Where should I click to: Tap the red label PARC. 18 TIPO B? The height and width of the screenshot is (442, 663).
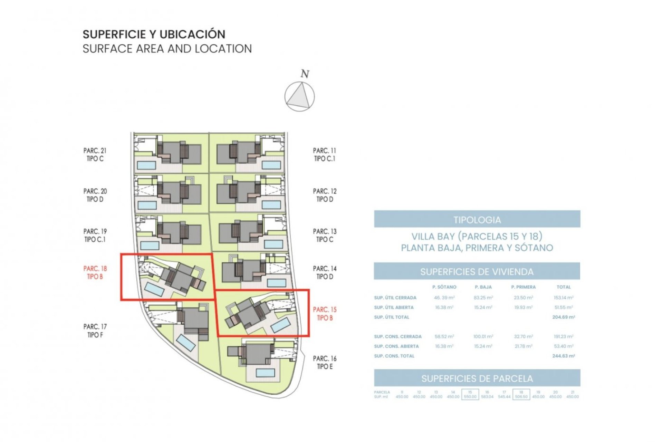tap(95, 272)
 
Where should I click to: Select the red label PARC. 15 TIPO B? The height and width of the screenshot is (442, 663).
tap(325, 314)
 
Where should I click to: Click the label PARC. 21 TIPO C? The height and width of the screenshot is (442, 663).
tap(95, 155)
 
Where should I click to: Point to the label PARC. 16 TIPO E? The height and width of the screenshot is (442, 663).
tap(325, 363)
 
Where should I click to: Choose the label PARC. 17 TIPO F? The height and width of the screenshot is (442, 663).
tap(95, 330)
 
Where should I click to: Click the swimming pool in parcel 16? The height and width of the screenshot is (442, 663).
tap(266, 373)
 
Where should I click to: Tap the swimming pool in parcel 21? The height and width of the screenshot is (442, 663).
tap(146, 165)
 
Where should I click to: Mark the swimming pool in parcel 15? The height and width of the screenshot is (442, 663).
tap(280, 325)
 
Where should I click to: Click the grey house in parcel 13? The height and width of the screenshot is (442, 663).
tap(242, 232)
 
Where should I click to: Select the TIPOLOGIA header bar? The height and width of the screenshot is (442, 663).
tap(477, 219)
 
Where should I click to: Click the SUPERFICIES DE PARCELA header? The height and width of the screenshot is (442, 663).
tap(477, 378)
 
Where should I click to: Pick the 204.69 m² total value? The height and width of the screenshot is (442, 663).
tap(563, 317)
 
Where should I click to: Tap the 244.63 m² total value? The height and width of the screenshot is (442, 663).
tap(563, 356)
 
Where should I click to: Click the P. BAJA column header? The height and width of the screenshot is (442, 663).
tap(483, 287)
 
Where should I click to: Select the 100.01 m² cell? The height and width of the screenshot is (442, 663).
tap(483, 336)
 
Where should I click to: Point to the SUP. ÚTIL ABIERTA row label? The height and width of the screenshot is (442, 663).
tap(394, 307)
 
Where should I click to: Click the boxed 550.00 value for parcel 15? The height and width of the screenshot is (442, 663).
tap(470, 397)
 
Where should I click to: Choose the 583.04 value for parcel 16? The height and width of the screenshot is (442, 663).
tap(487, 397)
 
